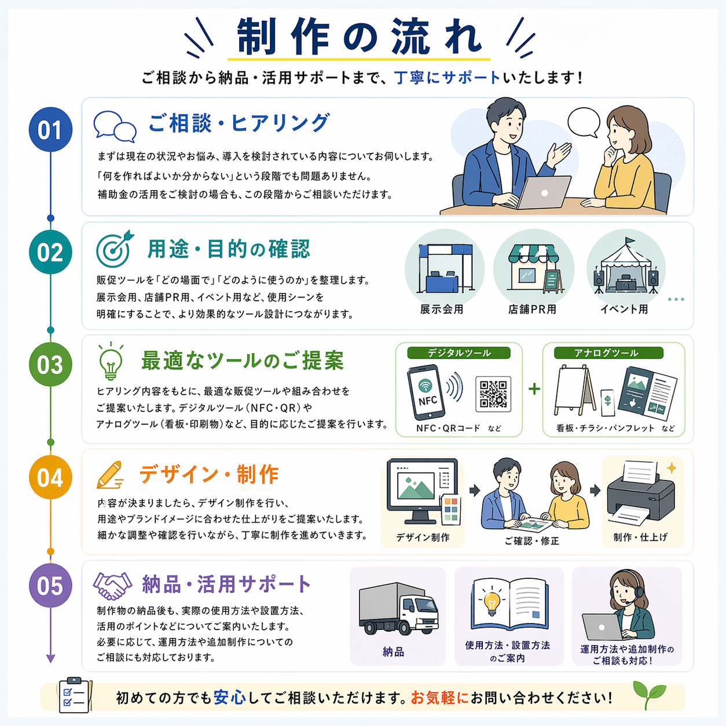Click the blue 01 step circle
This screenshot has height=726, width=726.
coord(50,129)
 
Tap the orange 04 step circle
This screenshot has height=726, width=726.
coord(50,477)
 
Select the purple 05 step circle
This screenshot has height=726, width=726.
coord(50,585)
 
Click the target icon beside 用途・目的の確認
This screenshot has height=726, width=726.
coord(115,248)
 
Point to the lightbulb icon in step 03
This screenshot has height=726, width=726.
coord(111,361)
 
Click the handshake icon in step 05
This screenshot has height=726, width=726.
coord(112,586)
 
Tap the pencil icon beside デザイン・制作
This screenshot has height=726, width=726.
coord(110,475)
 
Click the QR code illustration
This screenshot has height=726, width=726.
coord(493,394)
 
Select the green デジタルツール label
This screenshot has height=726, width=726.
coord(459,353)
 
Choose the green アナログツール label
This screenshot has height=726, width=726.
coord(608,353)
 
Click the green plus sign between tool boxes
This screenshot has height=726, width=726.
coord(534,389)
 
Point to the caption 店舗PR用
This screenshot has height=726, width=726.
coord(532,309)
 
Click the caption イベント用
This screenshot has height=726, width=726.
coord(624,309)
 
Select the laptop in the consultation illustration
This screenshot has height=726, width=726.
coord(542,192)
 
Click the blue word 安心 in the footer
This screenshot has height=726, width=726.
coord(229,698)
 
